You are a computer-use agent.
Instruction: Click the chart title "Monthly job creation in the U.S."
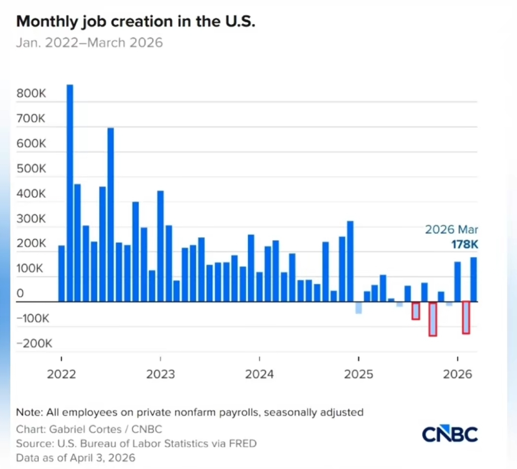point(136,22)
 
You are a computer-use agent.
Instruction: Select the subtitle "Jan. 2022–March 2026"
point(90,43)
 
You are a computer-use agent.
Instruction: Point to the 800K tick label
point(31,94)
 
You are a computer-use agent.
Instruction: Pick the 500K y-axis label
point(31,169)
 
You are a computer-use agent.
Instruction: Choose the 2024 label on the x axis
point(259,374)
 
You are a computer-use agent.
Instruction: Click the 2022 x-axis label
point(61,374)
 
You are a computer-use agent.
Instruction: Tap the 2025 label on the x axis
point(359,374)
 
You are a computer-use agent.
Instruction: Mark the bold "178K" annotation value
point(464,245)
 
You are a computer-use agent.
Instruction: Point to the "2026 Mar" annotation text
point(451,230)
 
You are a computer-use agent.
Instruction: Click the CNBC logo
point(450,434)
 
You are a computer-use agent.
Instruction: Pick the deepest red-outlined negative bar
point(433,319)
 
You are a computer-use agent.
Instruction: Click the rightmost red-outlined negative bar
point(466,318)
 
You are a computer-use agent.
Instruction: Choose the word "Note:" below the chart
point(28,412)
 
